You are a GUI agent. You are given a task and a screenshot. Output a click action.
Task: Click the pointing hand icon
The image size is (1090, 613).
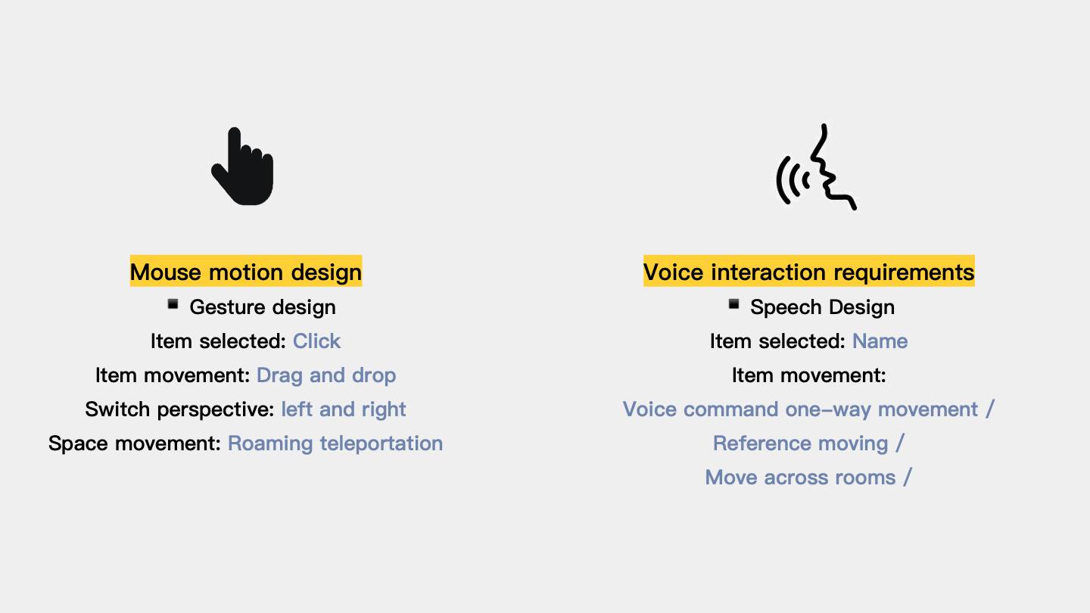(243, 168)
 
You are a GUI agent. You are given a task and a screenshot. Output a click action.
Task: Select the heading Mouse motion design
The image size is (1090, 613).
(246, 272)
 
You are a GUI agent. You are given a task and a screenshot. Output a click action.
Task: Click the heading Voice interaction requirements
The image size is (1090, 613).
(808, 272)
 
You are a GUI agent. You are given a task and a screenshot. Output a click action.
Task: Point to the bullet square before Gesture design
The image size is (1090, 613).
(173, 304)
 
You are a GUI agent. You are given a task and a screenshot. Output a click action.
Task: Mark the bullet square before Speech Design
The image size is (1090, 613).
(733, 304)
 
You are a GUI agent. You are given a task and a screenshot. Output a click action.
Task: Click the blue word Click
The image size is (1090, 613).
(316, 341)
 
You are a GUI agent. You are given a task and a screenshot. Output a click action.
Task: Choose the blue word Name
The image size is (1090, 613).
(880, 341)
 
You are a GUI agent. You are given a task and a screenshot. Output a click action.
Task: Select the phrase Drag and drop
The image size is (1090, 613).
(326, 375)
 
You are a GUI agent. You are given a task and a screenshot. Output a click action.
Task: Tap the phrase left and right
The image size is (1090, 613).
(344, 409)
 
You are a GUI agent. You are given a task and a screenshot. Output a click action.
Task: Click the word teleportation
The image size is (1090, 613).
(381, 443)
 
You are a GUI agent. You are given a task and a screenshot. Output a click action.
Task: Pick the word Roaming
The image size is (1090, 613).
(270, 443)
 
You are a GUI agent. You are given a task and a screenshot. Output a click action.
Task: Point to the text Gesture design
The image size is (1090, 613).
(263, 307)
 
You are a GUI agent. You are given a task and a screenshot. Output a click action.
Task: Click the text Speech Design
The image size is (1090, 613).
(822, 307)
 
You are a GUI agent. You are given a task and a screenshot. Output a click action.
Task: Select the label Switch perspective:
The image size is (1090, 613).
(179, 409)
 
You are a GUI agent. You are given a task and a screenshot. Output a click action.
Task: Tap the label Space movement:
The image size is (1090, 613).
(135, 443)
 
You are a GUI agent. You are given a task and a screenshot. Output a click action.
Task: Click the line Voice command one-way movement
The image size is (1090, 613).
(801, 409)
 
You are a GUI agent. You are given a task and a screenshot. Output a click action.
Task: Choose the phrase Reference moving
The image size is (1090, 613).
(801, 443)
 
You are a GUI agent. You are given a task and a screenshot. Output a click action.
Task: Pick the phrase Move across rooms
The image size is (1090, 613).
(801, 478)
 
